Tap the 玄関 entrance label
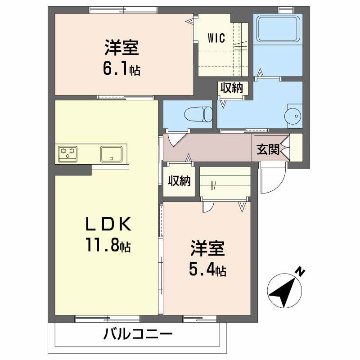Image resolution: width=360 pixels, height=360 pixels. (268, 150)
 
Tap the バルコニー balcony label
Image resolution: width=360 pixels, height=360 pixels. (138, 335)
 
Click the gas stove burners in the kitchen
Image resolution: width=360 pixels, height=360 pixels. (67, 153)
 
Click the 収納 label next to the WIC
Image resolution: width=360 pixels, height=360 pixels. (231, 88)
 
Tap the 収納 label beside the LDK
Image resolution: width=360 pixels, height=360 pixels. (180, 181)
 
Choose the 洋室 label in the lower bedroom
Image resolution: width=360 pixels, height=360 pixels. (207, 248)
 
